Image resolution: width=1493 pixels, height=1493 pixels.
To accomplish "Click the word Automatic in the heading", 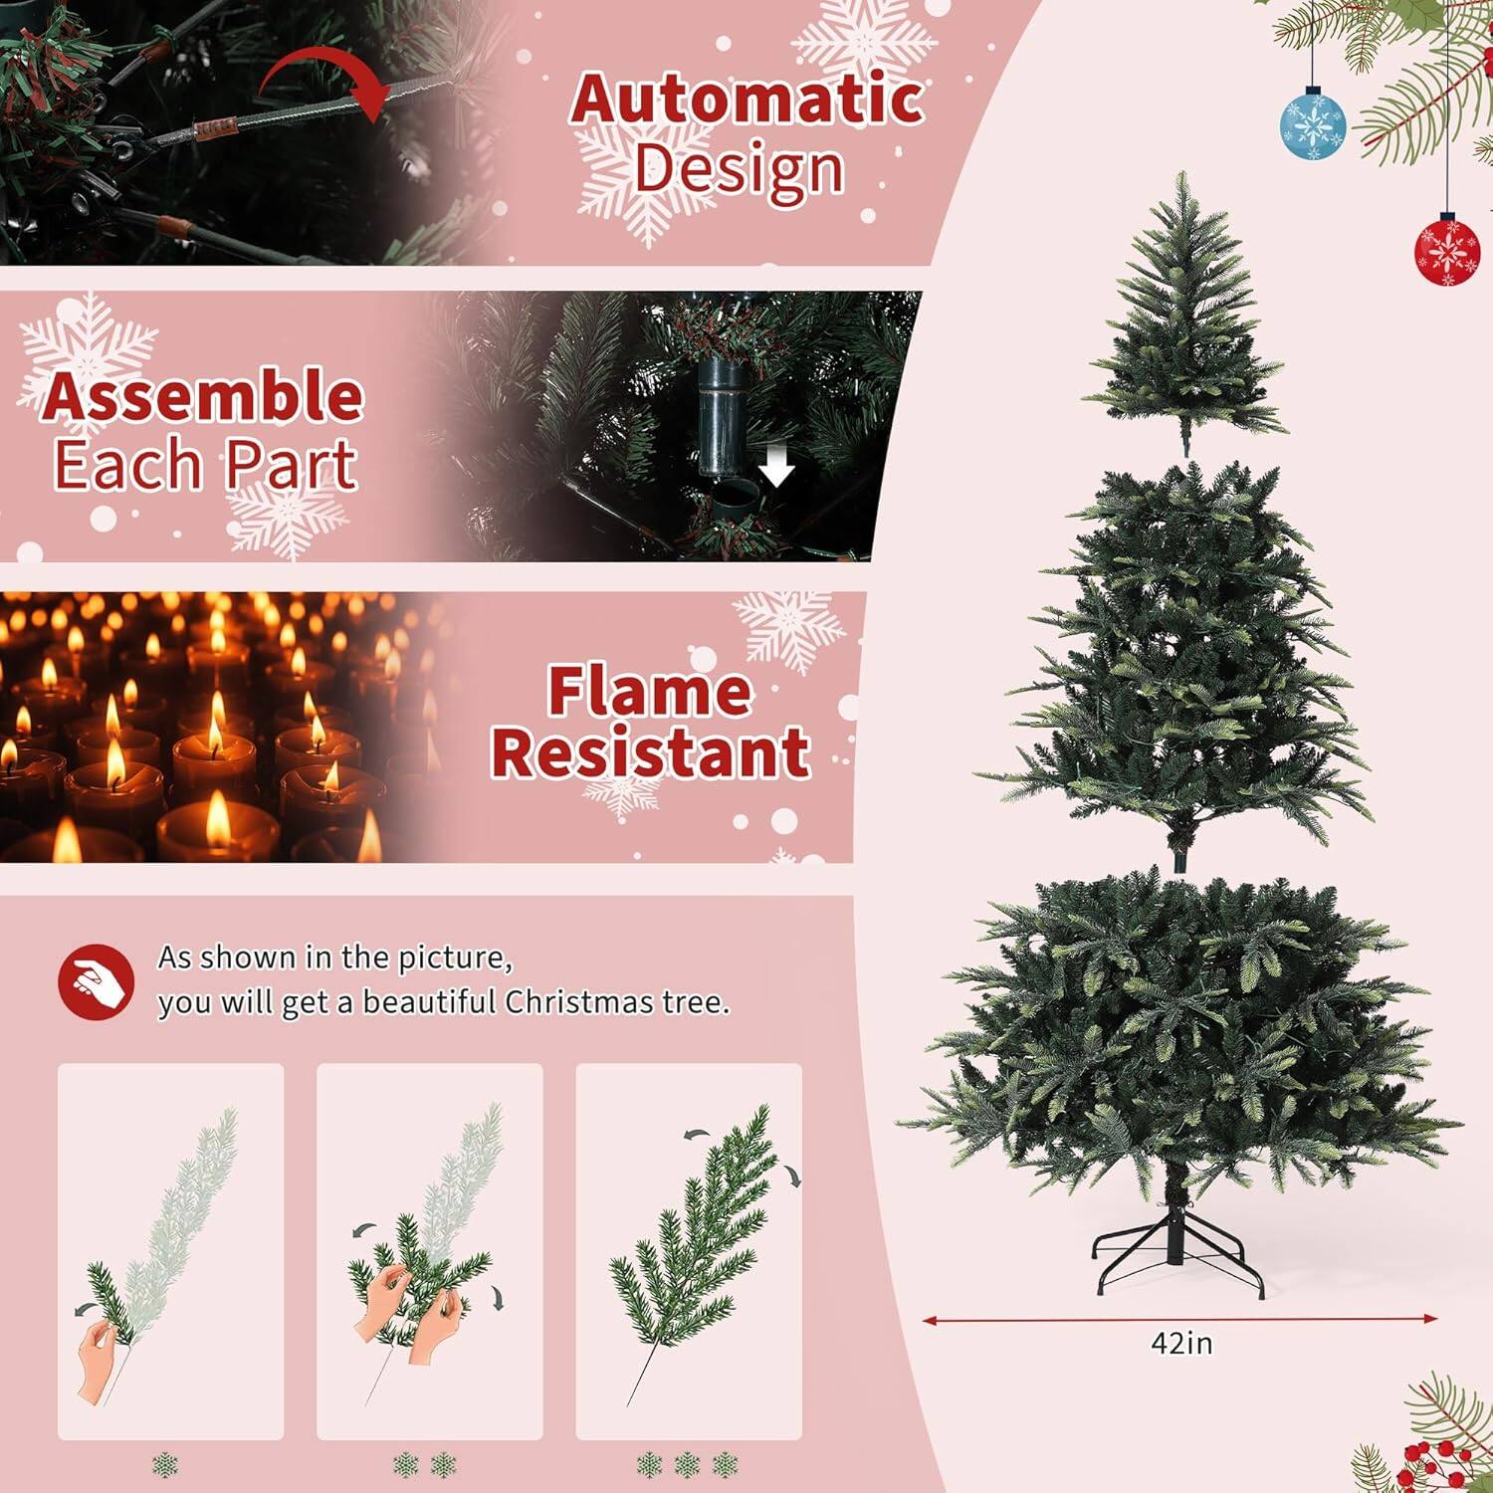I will coord(746,100).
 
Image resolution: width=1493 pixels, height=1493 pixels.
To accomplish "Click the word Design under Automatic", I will coord(739,169).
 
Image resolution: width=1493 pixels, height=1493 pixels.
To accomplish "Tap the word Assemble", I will coord(202,396).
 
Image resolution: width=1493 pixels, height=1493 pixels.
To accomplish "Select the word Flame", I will coord(649,692).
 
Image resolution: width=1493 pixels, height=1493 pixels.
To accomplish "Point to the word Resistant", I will coord(650,752).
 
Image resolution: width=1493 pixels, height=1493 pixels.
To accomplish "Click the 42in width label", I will coord(1181,1344).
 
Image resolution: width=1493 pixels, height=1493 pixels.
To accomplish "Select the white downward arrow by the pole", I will coord(776,466).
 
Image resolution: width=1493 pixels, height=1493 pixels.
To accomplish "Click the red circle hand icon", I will coord(96,982).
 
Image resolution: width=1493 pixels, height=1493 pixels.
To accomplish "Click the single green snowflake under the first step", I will coord(165,1465).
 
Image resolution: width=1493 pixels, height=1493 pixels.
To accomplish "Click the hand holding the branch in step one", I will coord(98,1359).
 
